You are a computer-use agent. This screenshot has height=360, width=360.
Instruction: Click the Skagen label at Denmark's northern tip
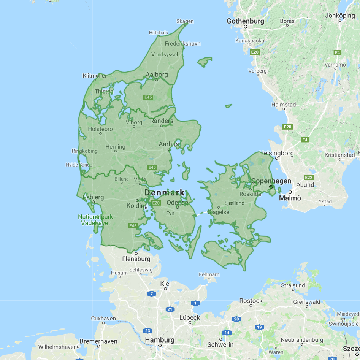coord(185,21)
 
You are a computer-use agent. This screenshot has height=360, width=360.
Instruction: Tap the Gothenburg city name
coord(245,21)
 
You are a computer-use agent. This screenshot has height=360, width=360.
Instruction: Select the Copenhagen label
coord(271,181)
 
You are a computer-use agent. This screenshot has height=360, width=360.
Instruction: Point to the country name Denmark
coord(165,192)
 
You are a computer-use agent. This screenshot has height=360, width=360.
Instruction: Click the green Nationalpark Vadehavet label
coord(95,220)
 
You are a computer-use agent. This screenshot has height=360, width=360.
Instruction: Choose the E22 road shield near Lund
coord(309,178)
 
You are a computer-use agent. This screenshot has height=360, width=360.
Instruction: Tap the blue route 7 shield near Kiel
coord(152,293)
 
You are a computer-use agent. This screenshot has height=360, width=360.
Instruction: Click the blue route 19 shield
coord(260,327)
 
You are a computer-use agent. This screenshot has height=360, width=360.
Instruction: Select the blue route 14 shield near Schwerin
coord(227,333)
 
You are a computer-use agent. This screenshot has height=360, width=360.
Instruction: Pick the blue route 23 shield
coord(148,331)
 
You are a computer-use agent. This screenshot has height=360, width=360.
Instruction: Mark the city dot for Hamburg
coord(160,346)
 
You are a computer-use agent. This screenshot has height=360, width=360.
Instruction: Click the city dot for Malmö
coord(290,192)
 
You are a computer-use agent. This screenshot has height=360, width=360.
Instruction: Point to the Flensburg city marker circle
coord(136,253)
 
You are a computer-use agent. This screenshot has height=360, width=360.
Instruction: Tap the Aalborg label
coord(157,75)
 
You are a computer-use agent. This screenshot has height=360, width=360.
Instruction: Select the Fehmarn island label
coord(209,274)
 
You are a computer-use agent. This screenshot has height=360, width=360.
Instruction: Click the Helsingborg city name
coord(276,153)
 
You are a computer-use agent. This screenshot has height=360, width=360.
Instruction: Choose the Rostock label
coord(251,300)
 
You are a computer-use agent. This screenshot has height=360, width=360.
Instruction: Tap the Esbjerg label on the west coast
coord(93,197)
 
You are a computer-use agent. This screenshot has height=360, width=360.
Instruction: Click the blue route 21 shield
coord(170,309)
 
